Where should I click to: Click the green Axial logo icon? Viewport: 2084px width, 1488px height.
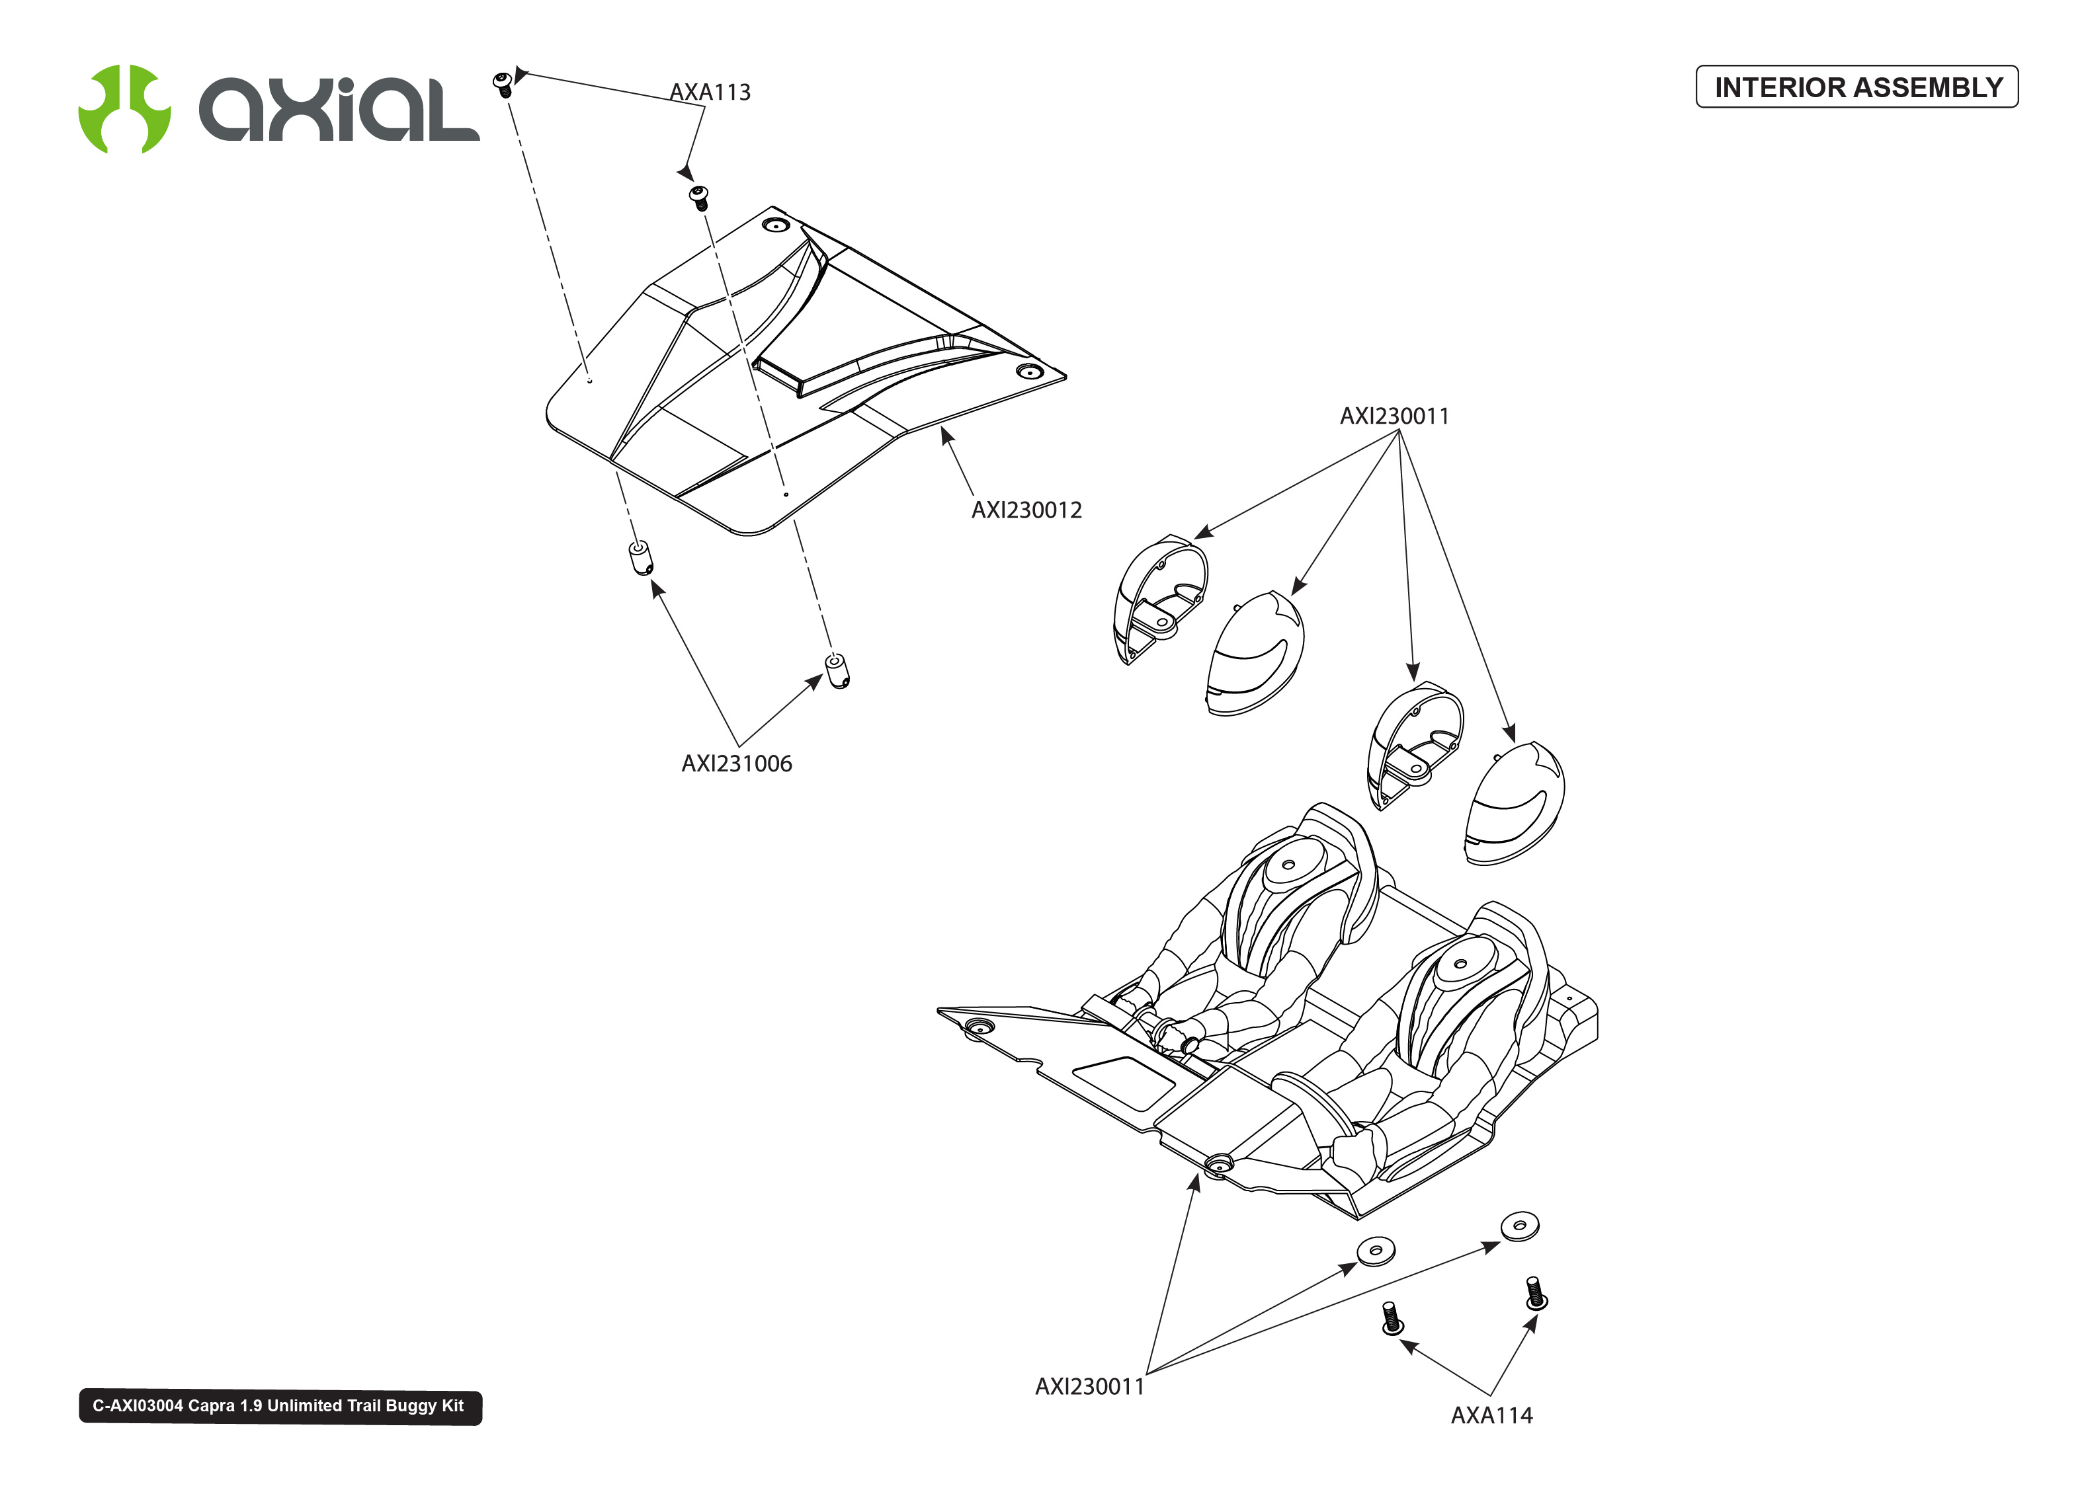tap(124, 108)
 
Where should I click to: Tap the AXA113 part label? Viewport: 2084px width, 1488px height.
tap(710, 93)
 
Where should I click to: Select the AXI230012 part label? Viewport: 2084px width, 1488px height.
tap(1026, 510)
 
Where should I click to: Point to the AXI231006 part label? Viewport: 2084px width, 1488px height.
tap(736, 764)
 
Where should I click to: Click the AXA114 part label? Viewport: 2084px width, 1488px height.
tap(1491, 1415)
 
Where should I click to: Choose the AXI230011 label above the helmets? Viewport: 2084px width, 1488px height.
tap(1394, 416)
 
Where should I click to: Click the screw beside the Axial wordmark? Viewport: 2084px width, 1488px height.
tap(502, 85)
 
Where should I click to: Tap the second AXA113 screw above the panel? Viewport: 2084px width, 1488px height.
tap(699, 197)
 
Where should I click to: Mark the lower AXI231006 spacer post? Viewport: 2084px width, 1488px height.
tap(837, 670)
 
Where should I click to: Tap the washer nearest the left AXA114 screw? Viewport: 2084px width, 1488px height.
tap(1376, 1251)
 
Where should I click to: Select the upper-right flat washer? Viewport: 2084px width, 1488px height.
tap(1519, 1225)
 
